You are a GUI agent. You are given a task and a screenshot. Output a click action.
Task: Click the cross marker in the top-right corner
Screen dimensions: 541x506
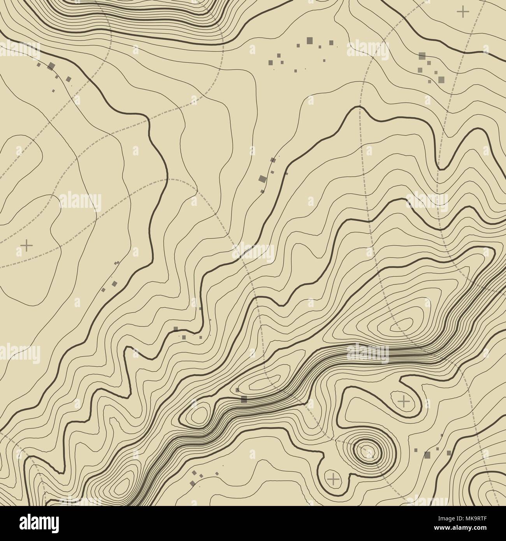click(463, 12)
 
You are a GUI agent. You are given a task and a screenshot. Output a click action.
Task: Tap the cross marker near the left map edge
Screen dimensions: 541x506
click(26, 245)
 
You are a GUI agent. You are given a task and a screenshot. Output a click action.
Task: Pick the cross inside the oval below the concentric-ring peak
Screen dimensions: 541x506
click(333, 479)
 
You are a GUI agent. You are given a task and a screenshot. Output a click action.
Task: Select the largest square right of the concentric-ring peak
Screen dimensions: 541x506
click(427, 454)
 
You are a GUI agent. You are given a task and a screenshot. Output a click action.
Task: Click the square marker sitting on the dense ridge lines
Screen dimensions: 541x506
click(244, 398)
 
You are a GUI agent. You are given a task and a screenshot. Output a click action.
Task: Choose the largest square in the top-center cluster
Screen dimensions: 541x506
click(310, 40)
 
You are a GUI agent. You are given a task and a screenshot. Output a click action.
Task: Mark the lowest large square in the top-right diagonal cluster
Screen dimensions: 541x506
click(441, 79)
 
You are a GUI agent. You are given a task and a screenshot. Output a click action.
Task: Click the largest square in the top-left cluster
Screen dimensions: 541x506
click(51, 65)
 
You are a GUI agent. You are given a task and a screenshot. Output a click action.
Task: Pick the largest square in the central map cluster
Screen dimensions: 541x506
click(262, 179)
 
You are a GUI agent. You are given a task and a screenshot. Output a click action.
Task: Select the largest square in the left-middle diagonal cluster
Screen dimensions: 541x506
click(114, 283)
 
